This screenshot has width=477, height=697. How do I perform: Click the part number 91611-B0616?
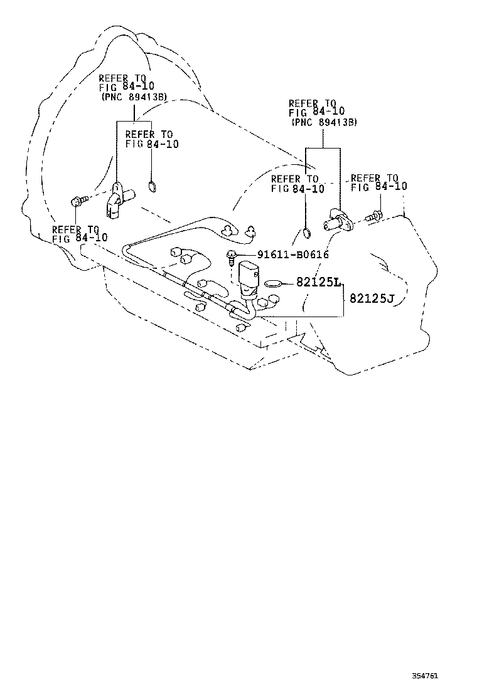coord(292,254)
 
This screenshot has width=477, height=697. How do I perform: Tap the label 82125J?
coord(371,298)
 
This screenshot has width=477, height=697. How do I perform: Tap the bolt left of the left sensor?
coord(77,202)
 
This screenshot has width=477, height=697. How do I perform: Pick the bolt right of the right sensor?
coord(372,216)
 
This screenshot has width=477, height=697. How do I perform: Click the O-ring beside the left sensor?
coord(151,186)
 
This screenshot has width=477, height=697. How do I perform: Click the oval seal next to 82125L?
coord(273,283)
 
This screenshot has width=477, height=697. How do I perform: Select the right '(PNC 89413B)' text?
coord(324,123)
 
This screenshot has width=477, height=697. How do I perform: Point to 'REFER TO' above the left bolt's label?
coord(75,229)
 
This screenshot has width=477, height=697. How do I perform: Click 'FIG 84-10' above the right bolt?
coord(378,187)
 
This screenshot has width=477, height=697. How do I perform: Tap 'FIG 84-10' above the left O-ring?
coord(152,144)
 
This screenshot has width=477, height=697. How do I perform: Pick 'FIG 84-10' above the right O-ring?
coord(297,188)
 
